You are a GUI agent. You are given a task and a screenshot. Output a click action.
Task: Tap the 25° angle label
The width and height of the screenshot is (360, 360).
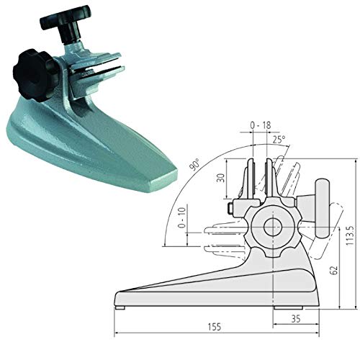pos(279,138)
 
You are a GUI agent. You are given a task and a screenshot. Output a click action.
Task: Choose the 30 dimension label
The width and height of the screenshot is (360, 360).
pos(219,179)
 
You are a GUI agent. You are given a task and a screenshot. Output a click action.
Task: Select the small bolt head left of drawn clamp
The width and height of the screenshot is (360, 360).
pos(229,208)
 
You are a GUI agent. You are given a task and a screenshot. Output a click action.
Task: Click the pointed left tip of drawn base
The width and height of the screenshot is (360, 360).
pos(115,296)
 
